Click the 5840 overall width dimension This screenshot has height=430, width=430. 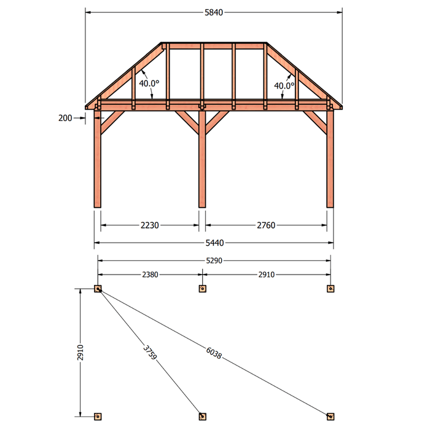pos(214,13)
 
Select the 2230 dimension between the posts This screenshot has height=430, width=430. pos(150,225)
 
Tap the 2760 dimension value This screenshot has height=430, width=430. pos(266,225)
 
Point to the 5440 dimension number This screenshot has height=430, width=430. pos(215,243)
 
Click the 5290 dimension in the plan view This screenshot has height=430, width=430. pos(214,260)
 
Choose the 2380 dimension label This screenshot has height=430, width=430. pos(150,275)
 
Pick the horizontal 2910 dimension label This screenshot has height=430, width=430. pos(266,275)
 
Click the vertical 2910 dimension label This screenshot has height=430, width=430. pos(80,353)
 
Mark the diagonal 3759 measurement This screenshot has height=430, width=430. pos(150,353)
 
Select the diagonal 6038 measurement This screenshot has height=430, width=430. pos(213,353)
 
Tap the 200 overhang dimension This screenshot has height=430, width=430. pos(65,118)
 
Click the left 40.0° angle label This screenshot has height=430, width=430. pos(149,84)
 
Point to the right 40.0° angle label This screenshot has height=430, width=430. pos(284,86)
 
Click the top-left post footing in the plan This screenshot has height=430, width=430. pos(98,289)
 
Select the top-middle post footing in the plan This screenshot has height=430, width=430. pos(202,289)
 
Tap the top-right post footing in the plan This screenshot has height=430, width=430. pos(330,289)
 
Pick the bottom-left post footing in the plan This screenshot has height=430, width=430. pos(98,416)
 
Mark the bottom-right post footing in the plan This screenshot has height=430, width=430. pos(330,416)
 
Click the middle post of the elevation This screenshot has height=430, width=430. pos(202,158)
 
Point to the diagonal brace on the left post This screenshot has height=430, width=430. pos(112,122)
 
